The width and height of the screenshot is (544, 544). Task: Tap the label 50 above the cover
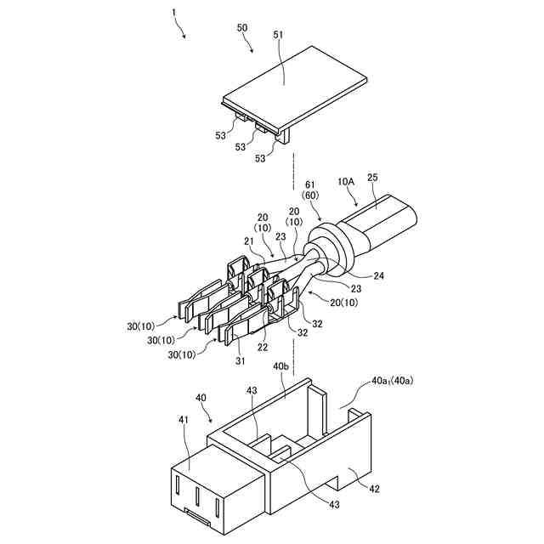pyautogui.click(x=243, y=28)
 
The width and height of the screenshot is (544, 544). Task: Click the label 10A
pyautogui.click(x=346, y=181)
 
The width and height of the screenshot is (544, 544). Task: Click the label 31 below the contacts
pyautogui.click(x=241, y=361)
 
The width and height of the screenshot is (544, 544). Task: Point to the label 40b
pyautogui.click(x=282, y=366)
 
